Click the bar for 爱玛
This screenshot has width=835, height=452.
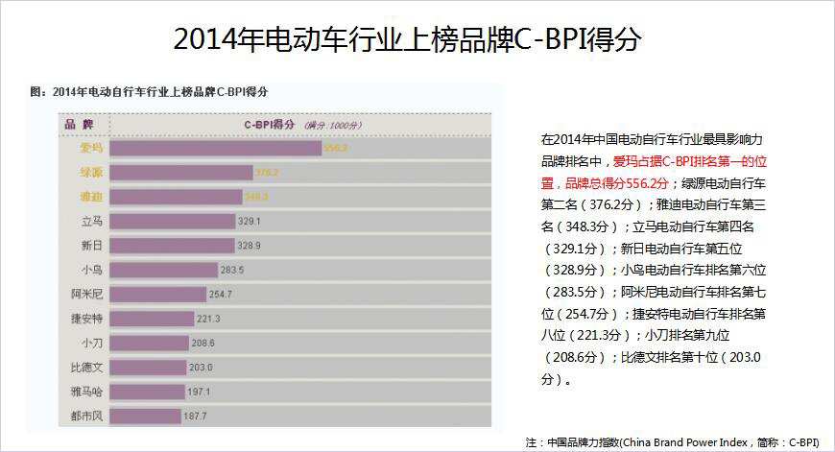tap(215, 148)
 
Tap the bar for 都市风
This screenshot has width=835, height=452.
tap(145, 416)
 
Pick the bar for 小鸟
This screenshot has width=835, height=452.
tap(164, 270)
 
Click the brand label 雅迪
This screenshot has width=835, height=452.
tap(92, 197)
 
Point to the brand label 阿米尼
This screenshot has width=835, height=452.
tap(86, 294)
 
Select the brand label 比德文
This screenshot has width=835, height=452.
tap(86, 367)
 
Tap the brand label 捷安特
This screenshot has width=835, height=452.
tap(86, 319)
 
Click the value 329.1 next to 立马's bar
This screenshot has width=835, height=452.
tap(249, 221)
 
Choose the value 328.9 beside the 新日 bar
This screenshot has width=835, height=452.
tap(249, 246)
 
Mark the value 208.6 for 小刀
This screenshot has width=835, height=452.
tap(203, 343)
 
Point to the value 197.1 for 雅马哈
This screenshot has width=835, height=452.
tap(199, 392)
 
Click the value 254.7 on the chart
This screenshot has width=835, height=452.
tap(221, 294)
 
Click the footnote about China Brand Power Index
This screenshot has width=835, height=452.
tap(672, 442)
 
